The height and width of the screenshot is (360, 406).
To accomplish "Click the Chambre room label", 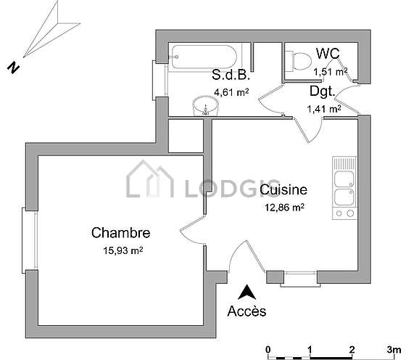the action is click(120, 232).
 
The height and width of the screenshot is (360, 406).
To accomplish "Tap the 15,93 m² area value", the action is click(123, 250).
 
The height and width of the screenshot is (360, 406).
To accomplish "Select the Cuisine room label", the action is click(283, 189).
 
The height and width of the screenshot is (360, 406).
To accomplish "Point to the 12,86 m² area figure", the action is click(284, 208).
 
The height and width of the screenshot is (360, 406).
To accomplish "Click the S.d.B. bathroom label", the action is click(231, 75).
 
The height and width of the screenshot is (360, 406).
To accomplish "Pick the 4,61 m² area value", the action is click(231, 92).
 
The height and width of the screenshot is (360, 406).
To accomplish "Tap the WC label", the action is click(328, 54).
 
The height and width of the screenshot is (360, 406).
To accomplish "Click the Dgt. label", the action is click(322, 91).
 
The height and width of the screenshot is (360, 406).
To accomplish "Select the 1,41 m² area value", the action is click(323, 109).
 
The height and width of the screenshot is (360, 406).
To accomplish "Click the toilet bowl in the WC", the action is click(298, 61).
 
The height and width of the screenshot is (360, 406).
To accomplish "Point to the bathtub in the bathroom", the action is click(204, 57).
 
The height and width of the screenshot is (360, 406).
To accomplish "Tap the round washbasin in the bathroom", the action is click(206, 106).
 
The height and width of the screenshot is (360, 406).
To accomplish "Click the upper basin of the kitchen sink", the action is click(344, 179).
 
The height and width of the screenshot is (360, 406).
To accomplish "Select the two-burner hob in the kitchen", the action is click(344, 213).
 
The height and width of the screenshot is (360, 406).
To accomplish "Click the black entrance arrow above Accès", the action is click(246, 292).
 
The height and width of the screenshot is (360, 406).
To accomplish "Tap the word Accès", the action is click(246, 311).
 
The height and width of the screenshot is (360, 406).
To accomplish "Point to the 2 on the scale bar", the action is click(352, 350).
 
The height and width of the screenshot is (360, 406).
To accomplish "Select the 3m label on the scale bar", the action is click(394, 350).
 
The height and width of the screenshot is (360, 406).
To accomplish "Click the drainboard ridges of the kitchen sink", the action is click(344, 163).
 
